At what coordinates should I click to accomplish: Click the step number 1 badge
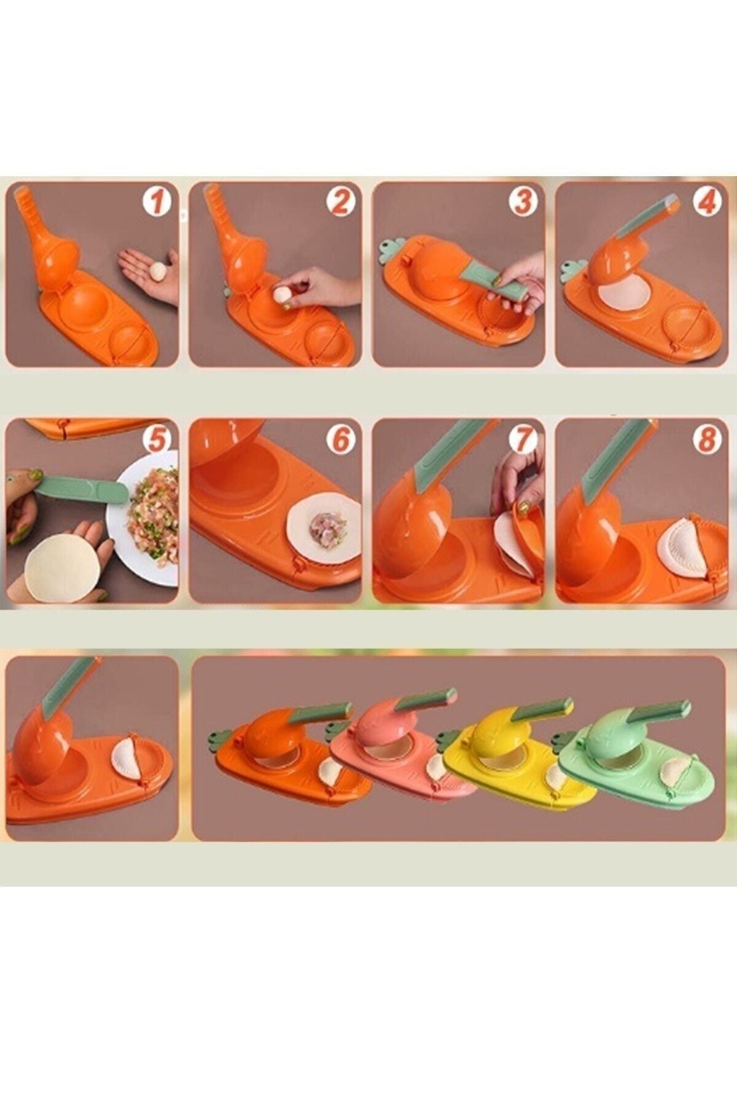[x=157, y=201]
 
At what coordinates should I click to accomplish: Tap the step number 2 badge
[x=340, y=201]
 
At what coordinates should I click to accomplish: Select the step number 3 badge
[x=523, y=201]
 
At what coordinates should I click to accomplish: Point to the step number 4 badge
[x=706, y=201]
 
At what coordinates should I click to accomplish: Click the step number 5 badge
[x=157, y=440]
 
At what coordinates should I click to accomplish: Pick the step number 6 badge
[x=340, y=440]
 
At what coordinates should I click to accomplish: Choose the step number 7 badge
[x=523, y=440]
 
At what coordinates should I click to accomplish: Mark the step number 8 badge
[x=706, y=440]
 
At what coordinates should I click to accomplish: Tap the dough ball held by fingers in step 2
[x=283, y=295]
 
